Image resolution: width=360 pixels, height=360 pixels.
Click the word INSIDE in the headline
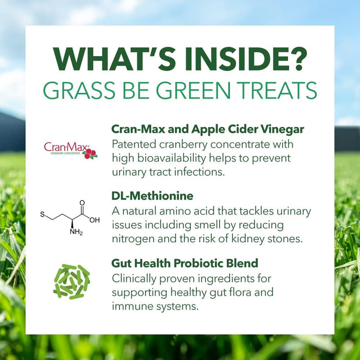tap(229, 62)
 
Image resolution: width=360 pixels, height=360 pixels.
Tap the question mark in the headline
tap(297, 62)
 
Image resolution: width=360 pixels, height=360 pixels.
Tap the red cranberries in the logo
tap(91, 154)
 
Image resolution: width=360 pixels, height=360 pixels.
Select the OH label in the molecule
tap(95, 220)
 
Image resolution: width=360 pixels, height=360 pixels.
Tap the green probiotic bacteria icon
tap(71, 281)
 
